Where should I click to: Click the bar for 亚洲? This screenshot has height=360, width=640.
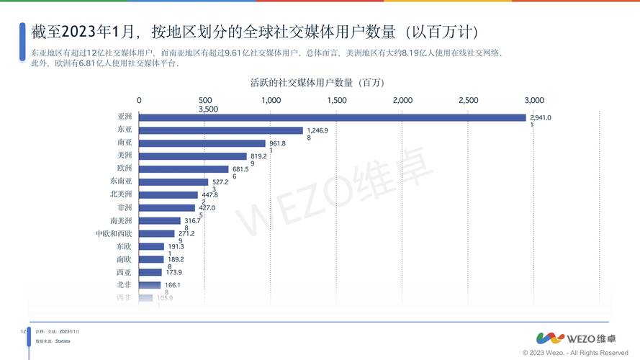coord(331,117)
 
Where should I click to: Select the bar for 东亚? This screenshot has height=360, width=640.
coord(220,130)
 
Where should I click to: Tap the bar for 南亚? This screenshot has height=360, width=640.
coord(202,143)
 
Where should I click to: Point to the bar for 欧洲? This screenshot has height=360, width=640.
coord(184,169)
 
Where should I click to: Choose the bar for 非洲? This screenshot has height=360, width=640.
coord(166,208)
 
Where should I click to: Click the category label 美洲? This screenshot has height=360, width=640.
coord(125,156)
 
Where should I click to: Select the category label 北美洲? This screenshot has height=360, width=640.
coord(121,194)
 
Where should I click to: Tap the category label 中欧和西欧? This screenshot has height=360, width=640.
coord(114,234)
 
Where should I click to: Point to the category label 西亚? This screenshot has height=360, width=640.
coord(124,273)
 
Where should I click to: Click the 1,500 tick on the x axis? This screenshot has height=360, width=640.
coord(337,100)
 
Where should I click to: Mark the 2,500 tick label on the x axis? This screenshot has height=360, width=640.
coord(469,100)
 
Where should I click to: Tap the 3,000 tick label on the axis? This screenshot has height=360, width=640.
coord(534,100)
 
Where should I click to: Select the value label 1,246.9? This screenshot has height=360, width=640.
coord(317,130)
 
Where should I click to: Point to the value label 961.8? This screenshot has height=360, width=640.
coord(277,143)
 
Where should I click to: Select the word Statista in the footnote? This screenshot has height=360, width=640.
coord(62,340)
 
